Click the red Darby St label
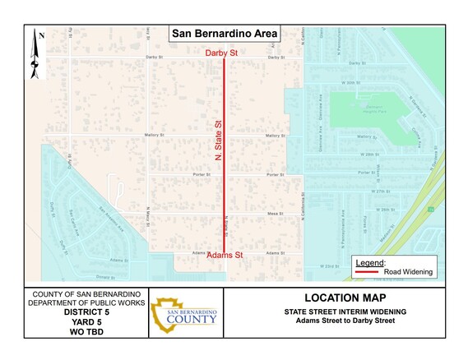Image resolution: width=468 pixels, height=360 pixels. coord(222,53)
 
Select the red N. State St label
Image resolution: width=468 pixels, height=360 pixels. coord(219,145)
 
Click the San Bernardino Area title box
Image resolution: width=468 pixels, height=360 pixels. coord(225,35)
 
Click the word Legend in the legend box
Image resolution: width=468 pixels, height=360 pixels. coord(367,261)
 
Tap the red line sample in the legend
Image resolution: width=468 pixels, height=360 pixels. coord(366,270)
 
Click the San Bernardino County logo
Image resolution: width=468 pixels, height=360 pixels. coord(184,316)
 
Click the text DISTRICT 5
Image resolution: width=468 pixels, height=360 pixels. coord(86,313)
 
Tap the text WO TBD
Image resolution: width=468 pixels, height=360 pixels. coord(86,333)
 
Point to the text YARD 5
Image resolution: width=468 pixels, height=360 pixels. coord(86,323)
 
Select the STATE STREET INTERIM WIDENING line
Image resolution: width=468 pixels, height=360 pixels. coord(345,312)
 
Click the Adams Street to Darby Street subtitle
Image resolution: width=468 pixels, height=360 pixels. coord(345,321)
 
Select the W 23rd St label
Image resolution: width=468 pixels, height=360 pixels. coord(330,266)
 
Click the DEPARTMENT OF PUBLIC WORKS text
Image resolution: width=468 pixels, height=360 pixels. coord(86,303)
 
